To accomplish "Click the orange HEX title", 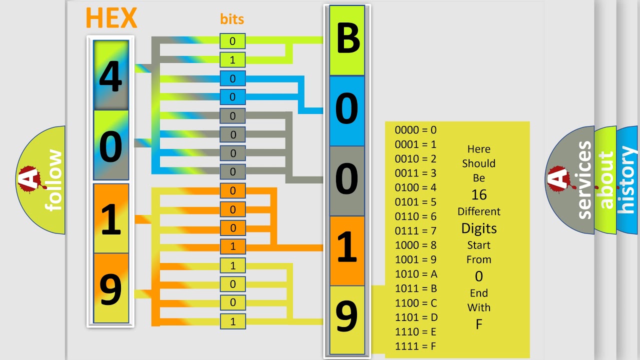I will [111, 18].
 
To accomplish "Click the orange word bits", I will [232, 19].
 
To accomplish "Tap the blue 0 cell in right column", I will [347, 110].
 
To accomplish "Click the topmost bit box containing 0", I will [232, 41].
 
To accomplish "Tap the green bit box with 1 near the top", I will [232, 60].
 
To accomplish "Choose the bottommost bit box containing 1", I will [232, 321].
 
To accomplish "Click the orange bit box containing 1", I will [232, 246].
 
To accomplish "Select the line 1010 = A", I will [416, 274].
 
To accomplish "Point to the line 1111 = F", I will [416, 346].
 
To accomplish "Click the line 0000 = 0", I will [415, 130].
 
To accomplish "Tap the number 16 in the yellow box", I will [479, 194].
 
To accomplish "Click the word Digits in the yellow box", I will [479, 228].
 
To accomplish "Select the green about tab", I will [605, 180].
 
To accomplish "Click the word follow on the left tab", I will [53, 180].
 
